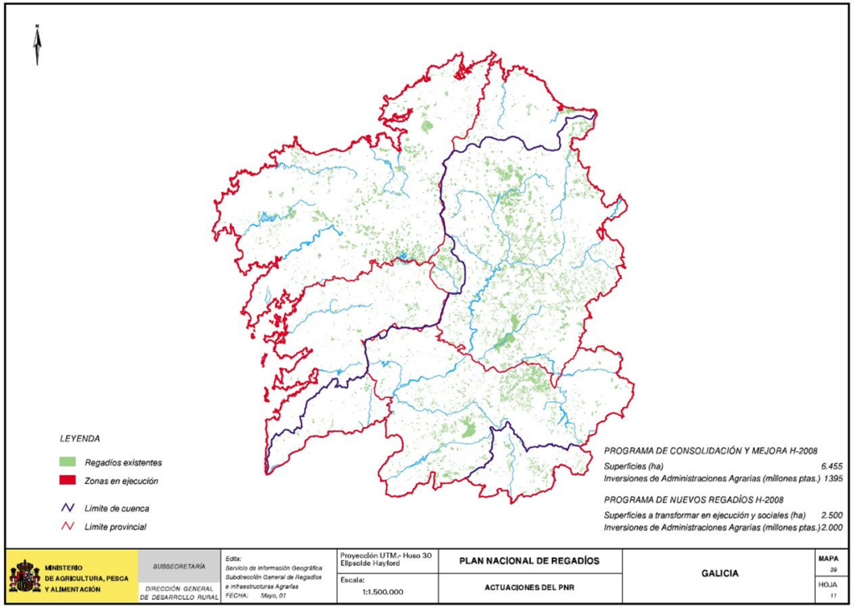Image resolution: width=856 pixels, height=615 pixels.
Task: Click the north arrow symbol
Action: pos(38,46)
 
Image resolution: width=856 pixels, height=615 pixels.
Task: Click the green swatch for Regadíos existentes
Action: pos(68,462)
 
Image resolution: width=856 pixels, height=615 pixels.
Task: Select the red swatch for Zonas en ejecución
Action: pos(68,480)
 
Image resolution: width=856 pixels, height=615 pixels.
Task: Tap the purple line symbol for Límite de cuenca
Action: pos(68,507)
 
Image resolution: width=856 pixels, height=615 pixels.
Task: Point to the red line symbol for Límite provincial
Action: pos(68,526)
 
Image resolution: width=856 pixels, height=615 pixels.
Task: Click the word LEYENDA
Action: pos(80,438)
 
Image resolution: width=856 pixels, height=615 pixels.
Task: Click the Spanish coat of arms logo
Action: pos(24,577)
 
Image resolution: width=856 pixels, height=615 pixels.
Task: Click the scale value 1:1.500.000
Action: pos(383,592)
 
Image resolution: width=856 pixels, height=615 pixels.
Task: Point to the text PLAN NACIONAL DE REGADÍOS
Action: pos(529,561)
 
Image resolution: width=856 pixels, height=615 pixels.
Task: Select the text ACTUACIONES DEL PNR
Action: pos(529,587)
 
